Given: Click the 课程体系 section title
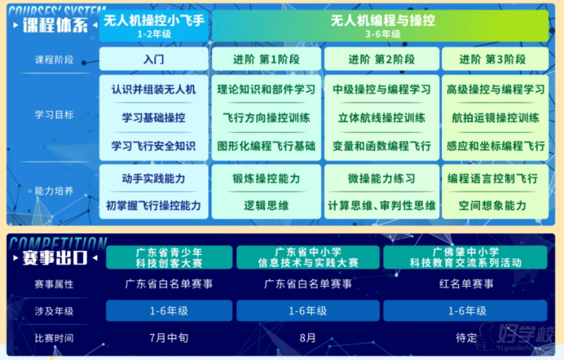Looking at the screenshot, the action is coord(55,25).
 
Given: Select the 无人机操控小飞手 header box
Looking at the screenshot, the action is coord(154,26).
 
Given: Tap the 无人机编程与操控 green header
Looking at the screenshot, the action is coord(381,26).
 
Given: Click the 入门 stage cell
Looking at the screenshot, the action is coord(154,59).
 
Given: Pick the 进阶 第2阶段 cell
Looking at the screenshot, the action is coord(381,59).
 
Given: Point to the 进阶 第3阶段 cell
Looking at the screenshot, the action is coord(496,59).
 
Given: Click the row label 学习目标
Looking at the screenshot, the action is coord(54,115).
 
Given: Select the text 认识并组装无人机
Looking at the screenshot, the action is coord(154,89).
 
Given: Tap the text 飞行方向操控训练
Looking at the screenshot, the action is coord(266,118).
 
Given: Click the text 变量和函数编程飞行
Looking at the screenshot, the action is coord(381,146).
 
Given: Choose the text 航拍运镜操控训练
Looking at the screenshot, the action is coord(496,118).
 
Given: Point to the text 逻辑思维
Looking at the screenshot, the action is coord(266,206).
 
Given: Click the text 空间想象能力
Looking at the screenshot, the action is coord(492,206).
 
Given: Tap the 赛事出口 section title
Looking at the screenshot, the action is coord(55,258).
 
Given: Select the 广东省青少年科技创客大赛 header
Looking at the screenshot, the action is coord(169,258).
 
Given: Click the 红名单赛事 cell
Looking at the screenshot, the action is coord(466,284).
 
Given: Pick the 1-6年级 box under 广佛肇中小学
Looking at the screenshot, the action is coord(465,311).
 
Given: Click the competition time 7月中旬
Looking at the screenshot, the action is coord(168,337).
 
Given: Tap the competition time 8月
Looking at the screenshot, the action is coord(307,337).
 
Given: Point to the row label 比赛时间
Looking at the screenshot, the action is coord(54,338).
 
